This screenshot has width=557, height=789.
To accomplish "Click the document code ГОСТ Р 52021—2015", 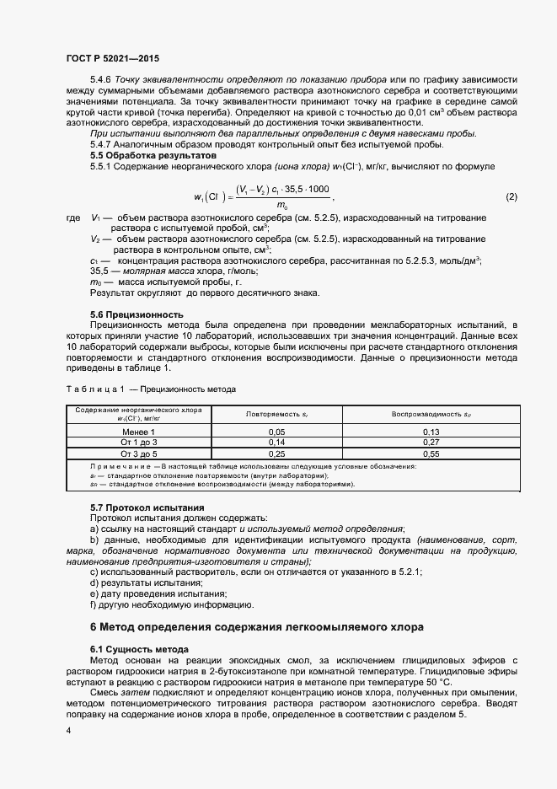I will click(112, 58).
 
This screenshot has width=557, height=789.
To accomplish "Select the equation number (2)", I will click(511, 197).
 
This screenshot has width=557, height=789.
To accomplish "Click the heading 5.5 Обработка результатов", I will click(142, 155).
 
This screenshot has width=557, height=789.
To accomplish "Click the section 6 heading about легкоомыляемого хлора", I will click(257, 626).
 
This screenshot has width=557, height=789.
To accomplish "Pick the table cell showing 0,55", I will click(431, 454).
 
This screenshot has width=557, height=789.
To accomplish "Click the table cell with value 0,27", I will click(431, 442).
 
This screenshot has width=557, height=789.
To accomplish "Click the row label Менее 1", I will click(139, 431).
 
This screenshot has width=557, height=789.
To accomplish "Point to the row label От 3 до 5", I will click(139, 454).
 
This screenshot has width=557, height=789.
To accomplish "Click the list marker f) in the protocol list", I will click(94, 604).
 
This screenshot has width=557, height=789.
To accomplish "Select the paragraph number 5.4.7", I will click(103, 144).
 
